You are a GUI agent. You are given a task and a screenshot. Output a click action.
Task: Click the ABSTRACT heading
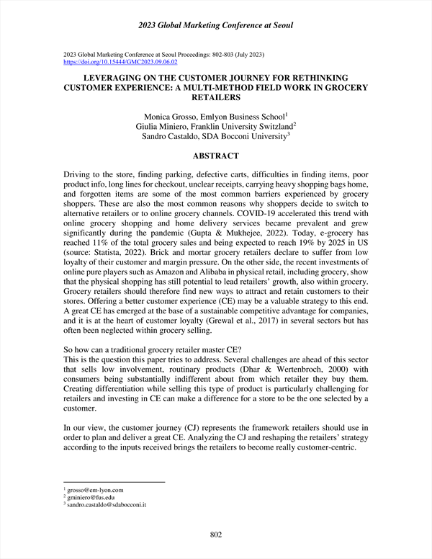coord(216,156)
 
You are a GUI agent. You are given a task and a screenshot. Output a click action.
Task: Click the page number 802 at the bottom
coord(215,534)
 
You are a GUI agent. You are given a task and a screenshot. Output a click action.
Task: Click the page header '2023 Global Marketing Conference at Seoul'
coord(216,26)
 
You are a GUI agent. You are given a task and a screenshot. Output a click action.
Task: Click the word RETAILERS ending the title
coord(216,97)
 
